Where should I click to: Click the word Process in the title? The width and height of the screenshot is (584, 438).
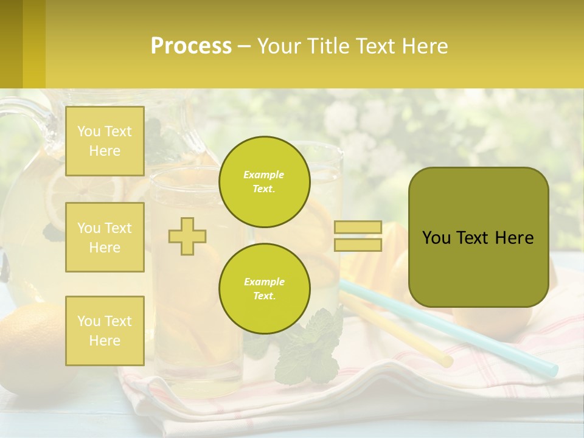pos(191,46)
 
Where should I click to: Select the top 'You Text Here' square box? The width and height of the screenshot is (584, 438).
pos(105,141)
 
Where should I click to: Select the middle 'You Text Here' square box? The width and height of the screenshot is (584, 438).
pos(105,237)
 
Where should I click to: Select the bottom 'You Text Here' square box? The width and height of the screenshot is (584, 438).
pos(105,330)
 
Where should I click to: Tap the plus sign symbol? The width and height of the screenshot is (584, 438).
pos(187,236)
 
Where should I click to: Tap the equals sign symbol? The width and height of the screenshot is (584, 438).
pos(358,236)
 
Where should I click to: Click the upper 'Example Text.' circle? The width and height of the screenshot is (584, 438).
pos(264,182)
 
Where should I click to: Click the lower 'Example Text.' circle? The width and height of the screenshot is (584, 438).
pos(264,289)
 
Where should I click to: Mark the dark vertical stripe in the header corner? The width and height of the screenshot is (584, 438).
pos(11,44)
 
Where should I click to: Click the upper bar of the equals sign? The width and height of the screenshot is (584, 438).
pos(358,228)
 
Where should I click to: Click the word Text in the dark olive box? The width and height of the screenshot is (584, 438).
pos(473,238)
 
